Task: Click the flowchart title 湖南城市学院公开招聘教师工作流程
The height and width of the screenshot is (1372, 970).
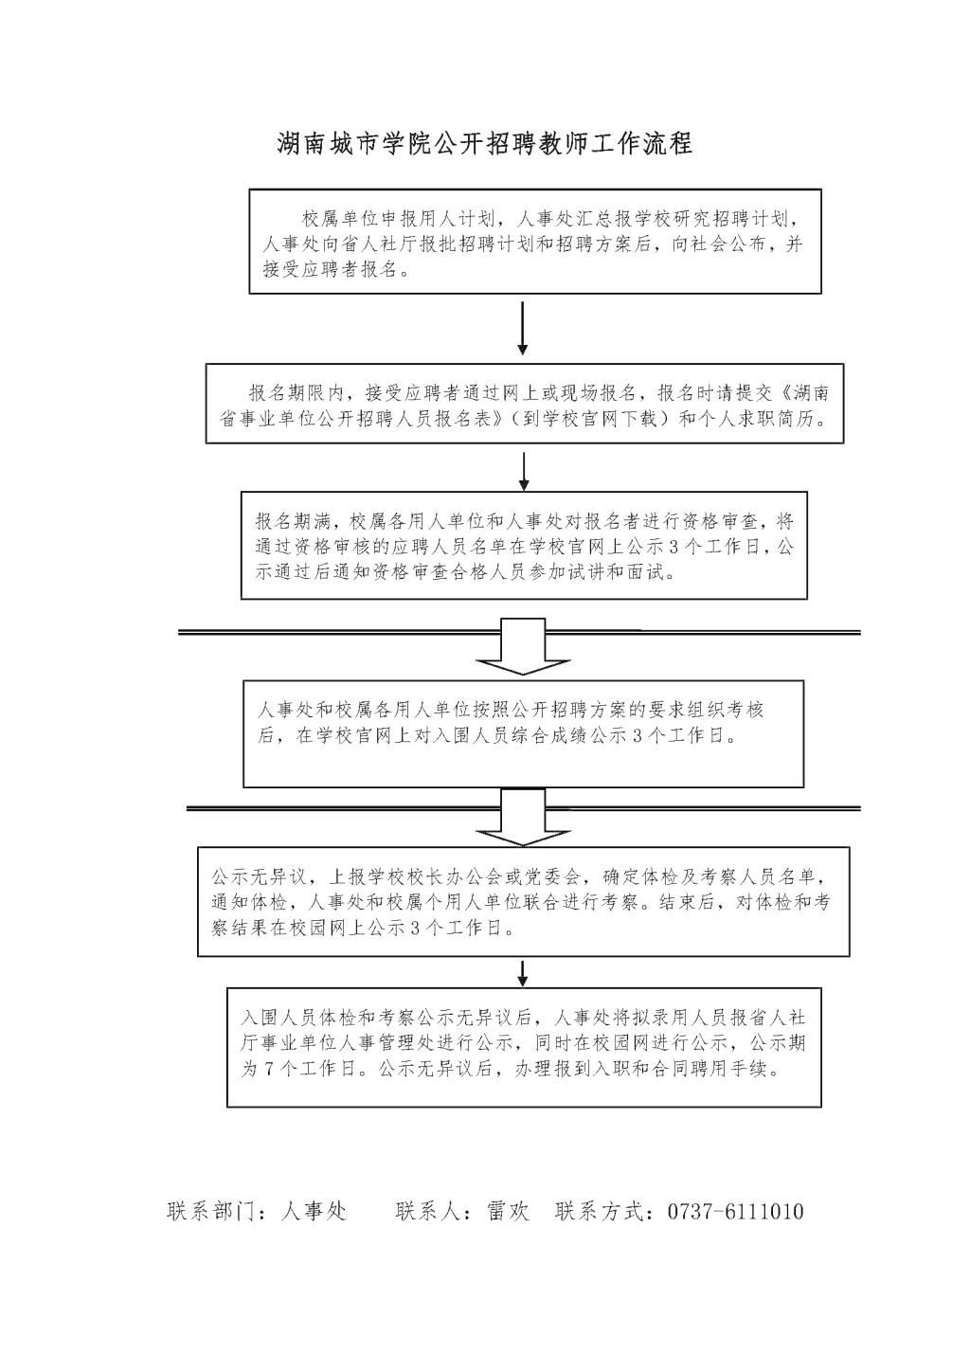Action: coord(484,144)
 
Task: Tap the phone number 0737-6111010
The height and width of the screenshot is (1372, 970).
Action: coord(736,1211)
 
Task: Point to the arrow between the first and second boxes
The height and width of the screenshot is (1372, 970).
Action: coord(522,329)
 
